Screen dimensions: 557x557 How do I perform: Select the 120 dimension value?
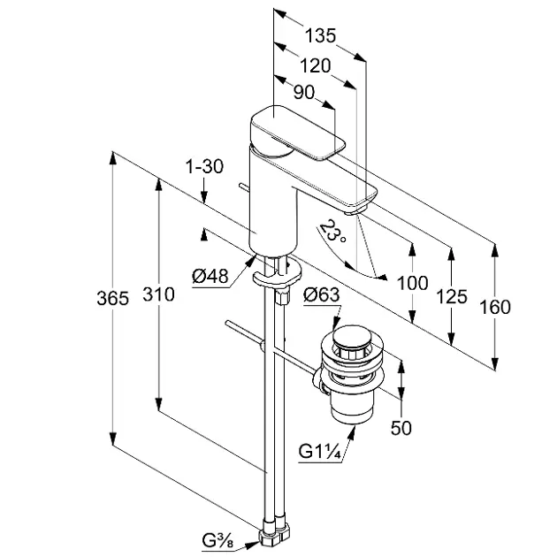(x=315, y=65)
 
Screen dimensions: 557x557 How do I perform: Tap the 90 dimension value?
(x=303, y=92)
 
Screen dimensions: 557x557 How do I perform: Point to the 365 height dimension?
(x=112, y=300)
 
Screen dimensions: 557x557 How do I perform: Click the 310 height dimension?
(x=159, y=295)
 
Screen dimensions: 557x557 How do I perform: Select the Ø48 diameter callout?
(x=210, y=277)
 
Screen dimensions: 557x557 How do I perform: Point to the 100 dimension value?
(x=412, y=284)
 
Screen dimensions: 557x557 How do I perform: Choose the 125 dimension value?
(x=452, y=296)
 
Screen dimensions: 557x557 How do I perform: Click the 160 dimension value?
(x=495, y=307)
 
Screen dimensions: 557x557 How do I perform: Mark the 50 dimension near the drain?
(x=402, y=429)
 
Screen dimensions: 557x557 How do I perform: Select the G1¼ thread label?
(x=320, y=452)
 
